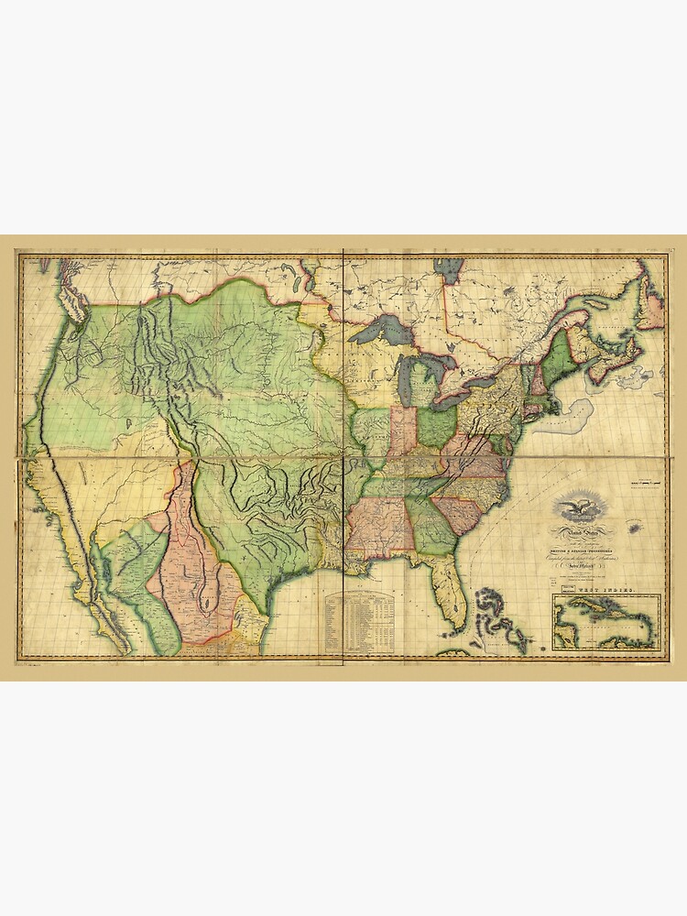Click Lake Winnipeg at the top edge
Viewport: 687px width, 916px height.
coord(449,269)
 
